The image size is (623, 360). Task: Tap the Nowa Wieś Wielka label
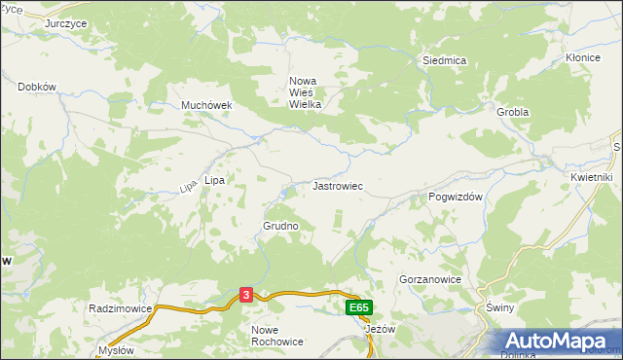305,92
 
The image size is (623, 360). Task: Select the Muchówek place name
204,105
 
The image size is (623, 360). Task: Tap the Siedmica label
444,60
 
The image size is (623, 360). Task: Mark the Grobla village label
512,112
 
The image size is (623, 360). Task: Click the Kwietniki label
591,177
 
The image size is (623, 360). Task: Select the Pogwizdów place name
457,197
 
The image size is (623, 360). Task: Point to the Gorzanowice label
429,279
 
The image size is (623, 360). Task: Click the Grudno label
280,226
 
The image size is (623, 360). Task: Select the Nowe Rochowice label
277,336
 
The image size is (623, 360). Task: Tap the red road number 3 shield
247,295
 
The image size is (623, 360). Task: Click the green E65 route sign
357,307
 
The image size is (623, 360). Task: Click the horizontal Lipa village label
214,180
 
